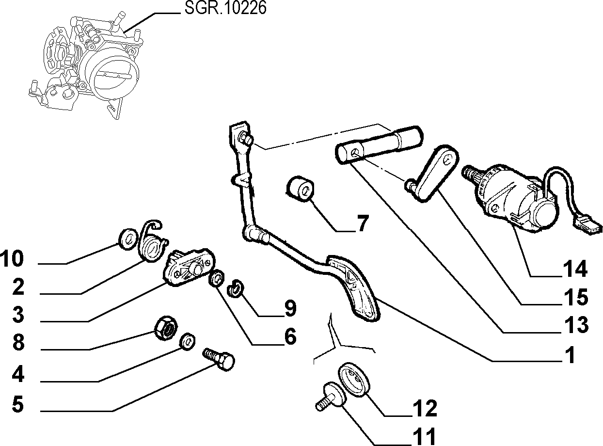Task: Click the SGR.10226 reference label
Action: click(225, 8)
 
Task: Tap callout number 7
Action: click(363, 223)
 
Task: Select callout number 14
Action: click(575, 269)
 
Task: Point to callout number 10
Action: click(12, 258)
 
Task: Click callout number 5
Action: click(18, 404)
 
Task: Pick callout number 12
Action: click(425, 408)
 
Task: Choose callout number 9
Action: click(290, 308)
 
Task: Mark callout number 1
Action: click(571, 355)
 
